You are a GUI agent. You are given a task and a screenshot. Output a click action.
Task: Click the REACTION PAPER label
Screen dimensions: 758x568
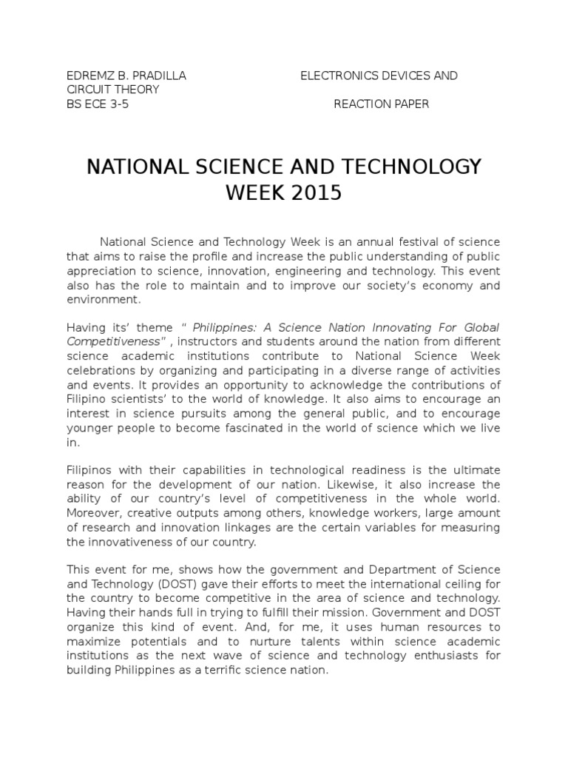(381, 104)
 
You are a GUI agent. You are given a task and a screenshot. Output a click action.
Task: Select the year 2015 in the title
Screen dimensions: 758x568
(315, 193)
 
